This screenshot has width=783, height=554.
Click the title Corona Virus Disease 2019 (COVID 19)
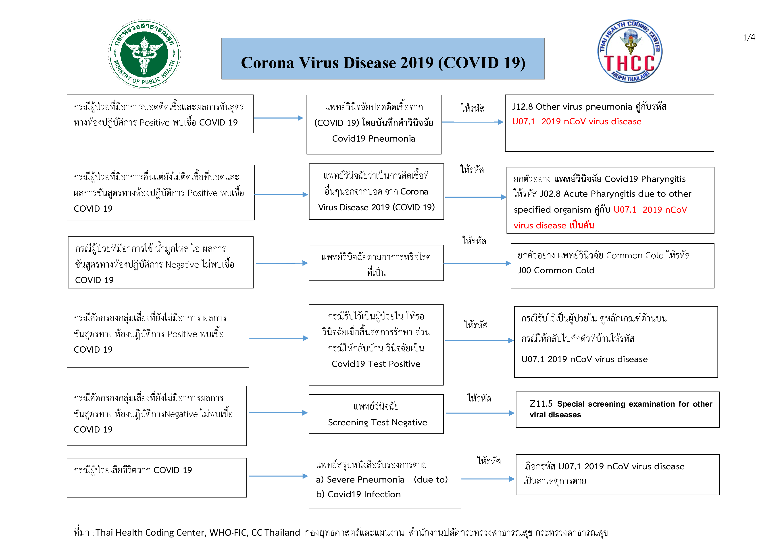[383, 63]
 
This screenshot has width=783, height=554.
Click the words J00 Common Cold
[556, 270]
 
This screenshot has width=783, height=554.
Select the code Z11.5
[541, 404]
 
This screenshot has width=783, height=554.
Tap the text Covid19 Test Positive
[376, 364]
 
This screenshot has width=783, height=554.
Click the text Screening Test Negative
[377, 423]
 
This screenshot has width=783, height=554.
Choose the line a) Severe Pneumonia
[360, 480]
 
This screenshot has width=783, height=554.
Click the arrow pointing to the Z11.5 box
[480, 413]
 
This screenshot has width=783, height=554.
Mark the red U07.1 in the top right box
[523, 121]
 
